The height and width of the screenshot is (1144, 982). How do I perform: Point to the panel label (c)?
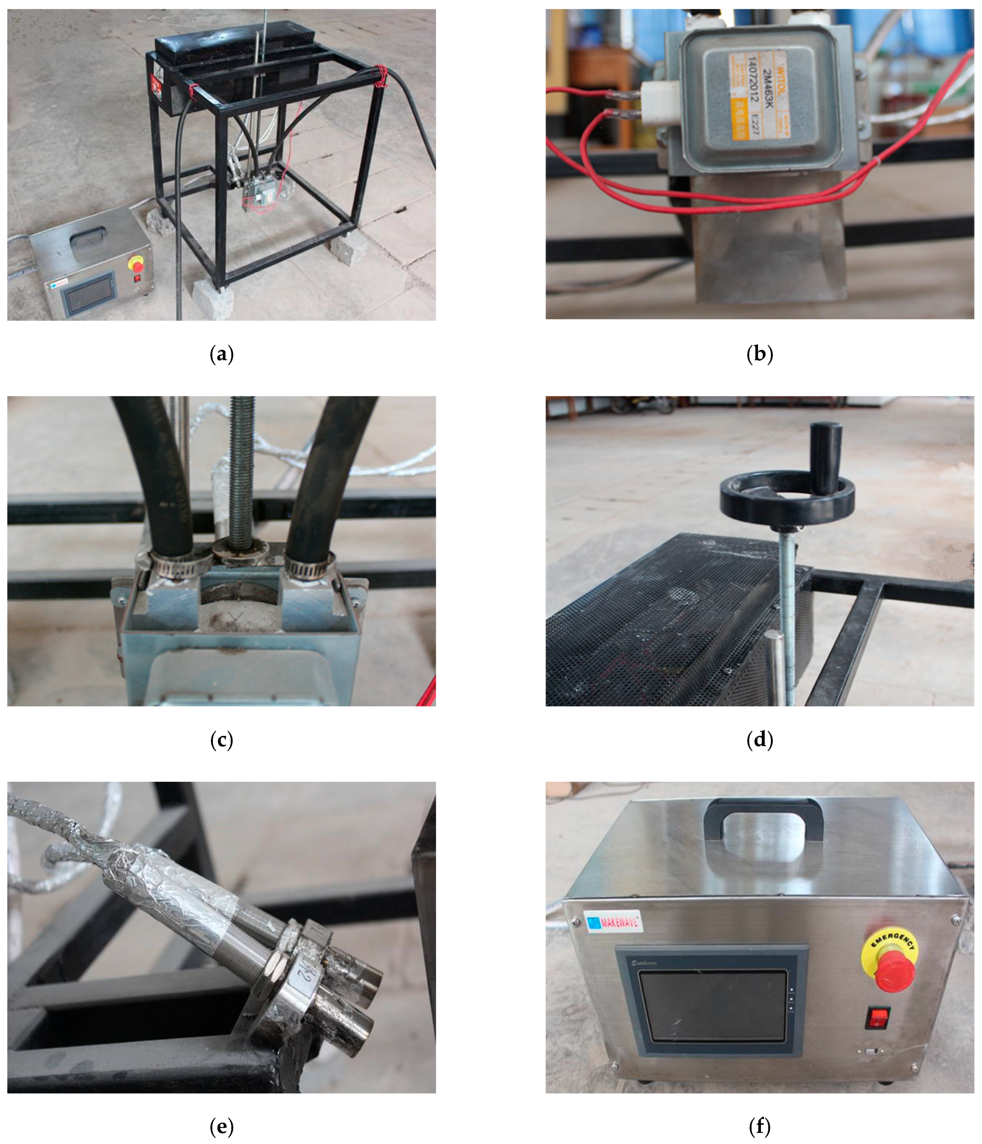point(221,740)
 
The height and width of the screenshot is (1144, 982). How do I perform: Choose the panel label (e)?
point(221,1126)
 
